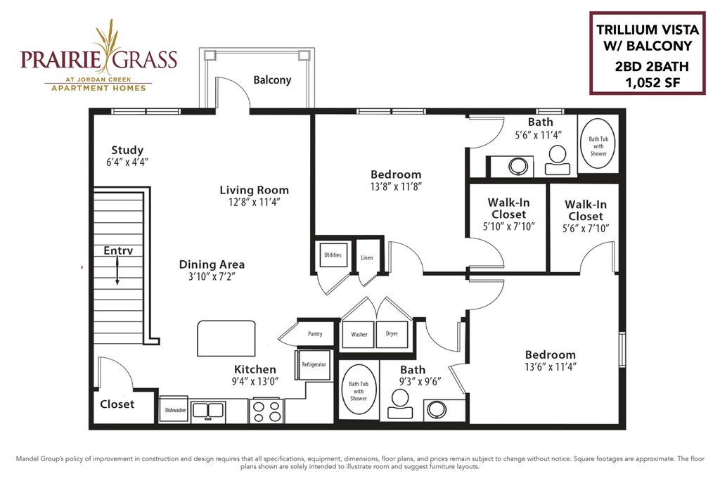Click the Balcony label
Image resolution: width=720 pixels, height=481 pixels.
(x=272, y=80)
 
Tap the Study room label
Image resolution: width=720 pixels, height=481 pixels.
(x=127, y=150)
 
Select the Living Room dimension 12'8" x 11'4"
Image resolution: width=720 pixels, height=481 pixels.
(x=255, y=202)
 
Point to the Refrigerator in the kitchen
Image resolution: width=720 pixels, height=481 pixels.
(x=314, y=365)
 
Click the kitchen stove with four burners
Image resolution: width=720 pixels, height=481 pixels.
(x=266, y=411)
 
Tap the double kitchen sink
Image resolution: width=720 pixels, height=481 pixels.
(x=208, y=410)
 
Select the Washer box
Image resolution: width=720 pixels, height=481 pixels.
(x=359, y=334)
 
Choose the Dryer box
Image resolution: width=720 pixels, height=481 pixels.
(x=392, y=333)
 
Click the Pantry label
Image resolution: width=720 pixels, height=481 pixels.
(x=315, y=334)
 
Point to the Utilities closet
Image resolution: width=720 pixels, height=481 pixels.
(x=333, y=255)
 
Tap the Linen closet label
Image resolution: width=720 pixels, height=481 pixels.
(x=367, y=257)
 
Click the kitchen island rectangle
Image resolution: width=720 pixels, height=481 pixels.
(x=226, y=338)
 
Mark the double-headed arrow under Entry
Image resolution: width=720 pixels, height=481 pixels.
(x=117, y=271)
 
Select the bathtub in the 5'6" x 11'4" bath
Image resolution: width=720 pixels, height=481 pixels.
(x=598, y=143)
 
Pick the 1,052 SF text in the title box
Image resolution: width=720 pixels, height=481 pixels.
(x=652, y=83)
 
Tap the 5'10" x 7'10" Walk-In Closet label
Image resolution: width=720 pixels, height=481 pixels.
(x=509, y=214)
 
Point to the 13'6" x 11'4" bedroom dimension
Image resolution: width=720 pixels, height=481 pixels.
(x=550, y=366)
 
